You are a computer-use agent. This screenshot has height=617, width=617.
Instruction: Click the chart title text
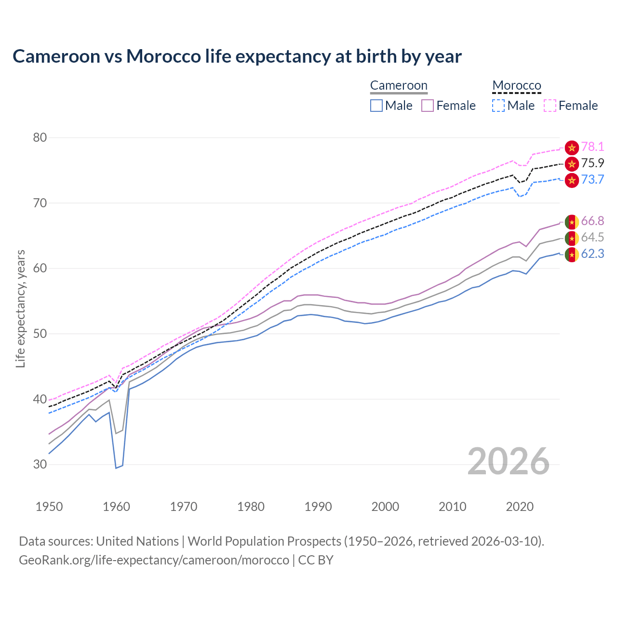tap(237, 56)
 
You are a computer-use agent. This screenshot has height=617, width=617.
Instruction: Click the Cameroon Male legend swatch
tap(376, 106)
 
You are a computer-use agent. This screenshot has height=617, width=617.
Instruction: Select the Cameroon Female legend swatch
tap(428, 106)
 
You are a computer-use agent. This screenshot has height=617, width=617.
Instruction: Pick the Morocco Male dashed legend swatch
tap(498, 106)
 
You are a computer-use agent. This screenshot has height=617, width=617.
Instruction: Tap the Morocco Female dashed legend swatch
tap(550, 106)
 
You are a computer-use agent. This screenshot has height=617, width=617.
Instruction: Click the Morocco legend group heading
tap(517, 86)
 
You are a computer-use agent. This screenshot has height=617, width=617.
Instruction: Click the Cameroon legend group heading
tap(399, 86)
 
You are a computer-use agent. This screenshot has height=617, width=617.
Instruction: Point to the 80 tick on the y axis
tap(40, 138)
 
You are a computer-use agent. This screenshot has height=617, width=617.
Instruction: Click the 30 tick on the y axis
tap(40, 465)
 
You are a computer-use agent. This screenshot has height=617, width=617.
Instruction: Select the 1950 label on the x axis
tap(49, 507)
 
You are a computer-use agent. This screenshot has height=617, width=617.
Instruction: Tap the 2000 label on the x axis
tap(385, 507)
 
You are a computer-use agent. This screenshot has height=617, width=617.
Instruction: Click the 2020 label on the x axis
tap(520, 507)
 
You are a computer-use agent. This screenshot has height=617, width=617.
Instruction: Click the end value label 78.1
tap(592, 147)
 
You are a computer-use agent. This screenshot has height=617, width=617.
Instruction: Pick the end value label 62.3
tap(592, 254)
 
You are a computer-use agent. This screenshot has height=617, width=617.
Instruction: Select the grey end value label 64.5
tap(592, 238)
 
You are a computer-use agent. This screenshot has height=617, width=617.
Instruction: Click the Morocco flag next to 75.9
tap(572, 164)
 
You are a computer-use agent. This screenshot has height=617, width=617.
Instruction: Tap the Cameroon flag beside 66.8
tap(572, 222)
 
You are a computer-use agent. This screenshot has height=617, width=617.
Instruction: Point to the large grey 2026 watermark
tap(509, 461)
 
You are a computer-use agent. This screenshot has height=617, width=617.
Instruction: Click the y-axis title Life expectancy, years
tap(20, 308)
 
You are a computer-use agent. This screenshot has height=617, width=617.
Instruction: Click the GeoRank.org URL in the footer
tap(154, 560)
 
